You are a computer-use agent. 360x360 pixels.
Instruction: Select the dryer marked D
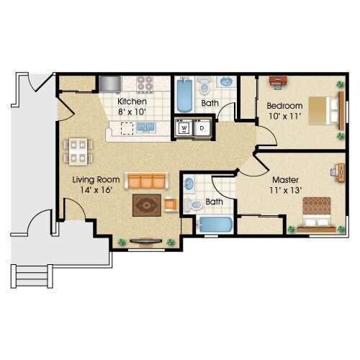[x=202, y=128]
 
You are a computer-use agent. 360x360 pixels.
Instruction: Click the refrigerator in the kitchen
[x=110, y=84]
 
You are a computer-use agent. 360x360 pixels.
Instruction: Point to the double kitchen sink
[x=146, y=127]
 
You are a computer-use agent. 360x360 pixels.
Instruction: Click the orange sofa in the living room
[x=145, y=180]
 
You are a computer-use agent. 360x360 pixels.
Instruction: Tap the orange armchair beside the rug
[x=171, y=204]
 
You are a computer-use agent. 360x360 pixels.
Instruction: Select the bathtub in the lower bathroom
[x=215, y=225]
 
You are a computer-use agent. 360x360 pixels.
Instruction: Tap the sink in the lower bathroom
[x=189, y=183]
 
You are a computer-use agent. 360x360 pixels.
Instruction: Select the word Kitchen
[x=132, y=102]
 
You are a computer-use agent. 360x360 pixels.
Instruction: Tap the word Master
[x=284, y=179]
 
